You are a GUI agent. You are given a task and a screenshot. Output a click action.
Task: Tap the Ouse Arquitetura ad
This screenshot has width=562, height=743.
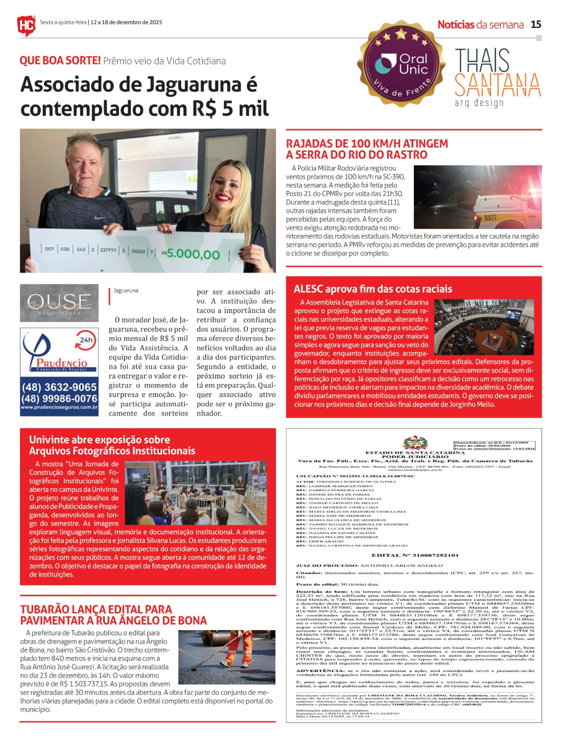[x=59, y=303]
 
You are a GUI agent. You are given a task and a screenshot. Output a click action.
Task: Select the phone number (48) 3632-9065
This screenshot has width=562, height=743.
[x=59, y=387]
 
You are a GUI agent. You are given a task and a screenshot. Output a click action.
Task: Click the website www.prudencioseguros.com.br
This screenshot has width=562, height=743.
[x=59, y=407]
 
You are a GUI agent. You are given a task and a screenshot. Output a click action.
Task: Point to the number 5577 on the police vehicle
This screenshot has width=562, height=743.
[x=490, y=218]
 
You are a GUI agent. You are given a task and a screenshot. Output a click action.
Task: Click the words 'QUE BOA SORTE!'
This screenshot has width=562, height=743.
[x=61, y=61]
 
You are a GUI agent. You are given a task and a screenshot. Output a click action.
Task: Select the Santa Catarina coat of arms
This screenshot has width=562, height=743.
[x=415, y=444]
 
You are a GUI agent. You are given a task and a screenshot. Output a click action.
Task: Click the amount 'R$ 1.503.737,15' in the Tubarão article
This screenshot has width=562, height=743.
[x=86, y=684]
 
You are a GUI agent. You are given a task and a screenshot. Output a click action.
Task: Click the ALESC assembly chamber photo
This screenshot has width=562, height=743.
[x=484, y=327]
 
